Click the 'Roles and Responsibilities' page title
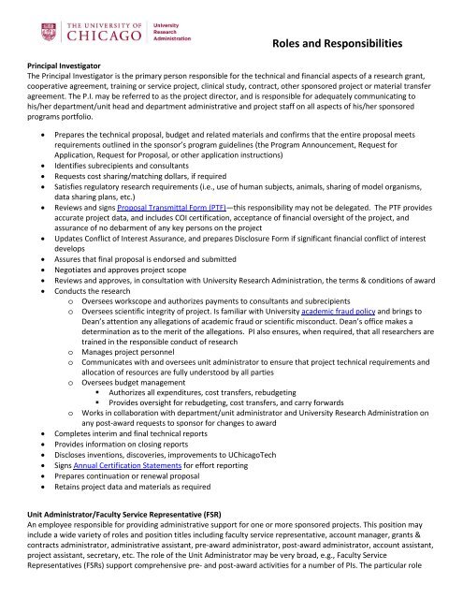[344, 43]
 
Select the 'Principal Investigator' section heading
[58, 67]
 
